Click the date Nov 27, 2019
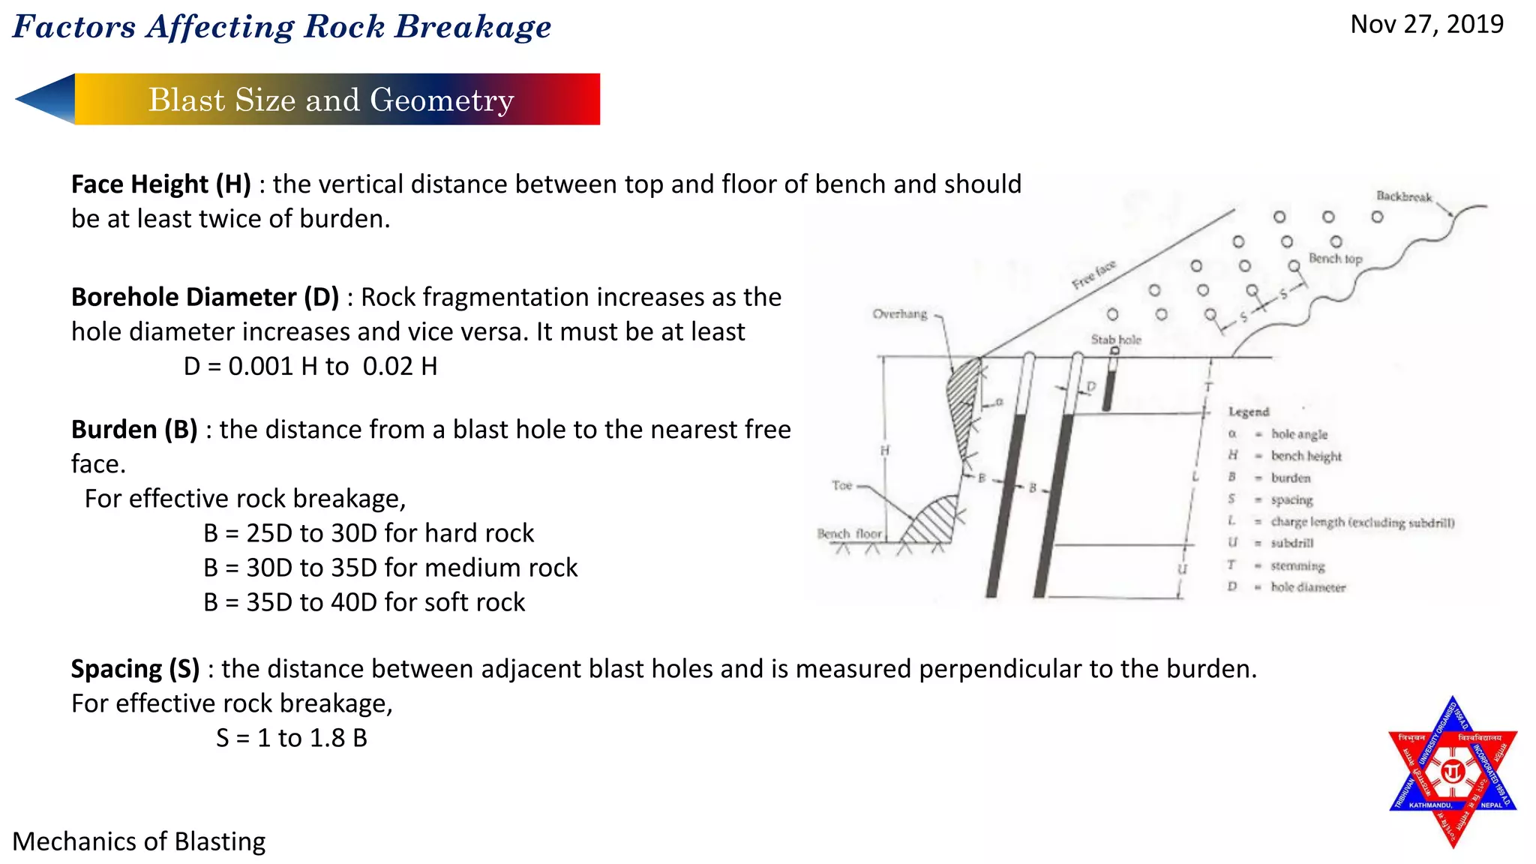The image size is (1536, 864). click(x=1426, y=25)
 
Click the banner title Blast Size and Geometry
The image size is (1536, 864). click(x=331, y=100)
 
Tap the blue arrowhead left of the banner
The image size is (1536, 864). click(x=46, y=98)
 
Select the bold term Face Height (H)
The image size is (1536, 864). click(x=160, y=184)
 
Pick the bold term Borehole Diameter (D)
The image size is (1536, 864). click(x=205, y=298)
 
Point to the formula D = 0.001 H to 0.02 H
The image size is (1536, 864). click(x=310, y=367)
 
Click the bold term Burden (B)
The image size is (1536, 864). click(x=134, y=430)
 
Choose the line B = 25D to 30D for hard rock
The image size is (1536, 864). click(x=368, y=533)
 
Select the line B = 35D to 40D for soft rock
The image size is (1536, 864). click(x=364, y=602)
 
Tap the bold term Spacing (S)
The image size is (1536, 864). click(x=135, y=669)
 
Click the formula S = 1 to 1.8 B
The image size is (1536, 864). click(x=292, y=738)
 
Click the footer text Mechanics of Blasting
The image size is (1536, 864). click(x=139, y=841)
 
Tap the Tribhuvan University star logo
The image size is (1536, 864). click(x=1453, y=772)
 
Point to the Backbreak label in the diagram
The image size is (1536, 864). click(x=1403, y=196)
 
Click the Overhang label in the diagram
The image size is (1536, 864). click(x=899, y=314)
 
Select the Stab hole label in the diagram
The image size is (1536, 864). click(x=1115, y=340)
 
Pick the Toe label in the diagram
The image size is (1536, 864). click(x=841, y=486)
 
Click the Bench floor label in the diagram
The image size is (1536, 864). click(x=849, y=534)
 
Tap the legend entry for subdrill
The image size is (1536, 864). click(x=1291, y=543)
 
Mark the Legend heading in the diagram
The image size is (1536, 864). click(x=1248, y=412)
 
